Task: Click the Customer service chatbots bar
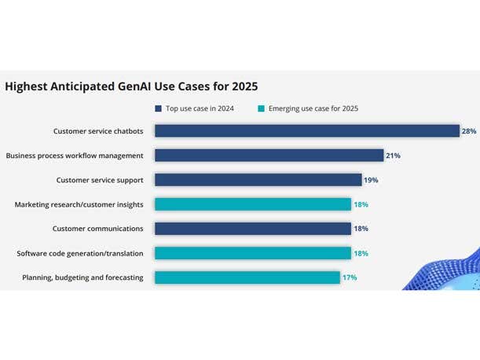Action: tap(306, 131)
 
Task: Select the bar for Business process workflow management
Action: tap(269, 156)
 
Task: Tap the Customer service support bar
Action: tap(258, 180)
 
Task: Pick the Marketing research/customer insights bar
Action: tap(252, 204)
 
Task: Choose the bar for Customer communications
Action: tap(252, 229)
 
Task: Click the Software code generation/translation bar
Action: tap(252, 253)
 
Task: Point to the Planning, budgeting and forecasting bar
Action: tap(247, 277)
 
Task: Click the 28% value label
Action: tap(469, 131)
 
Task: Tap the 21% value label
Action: tap(393, 156)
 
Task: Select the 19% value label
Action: tap(371, 180)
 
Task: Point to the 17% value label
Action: tap(349, 277)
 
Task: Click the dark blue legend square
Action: tap(158, 108)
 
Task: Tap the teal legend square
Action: tap(260, 108)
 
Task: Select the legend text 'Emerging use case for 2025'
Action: tap(313, 108)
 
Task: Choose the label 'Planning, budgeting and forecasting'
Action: tap(82, 277)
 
